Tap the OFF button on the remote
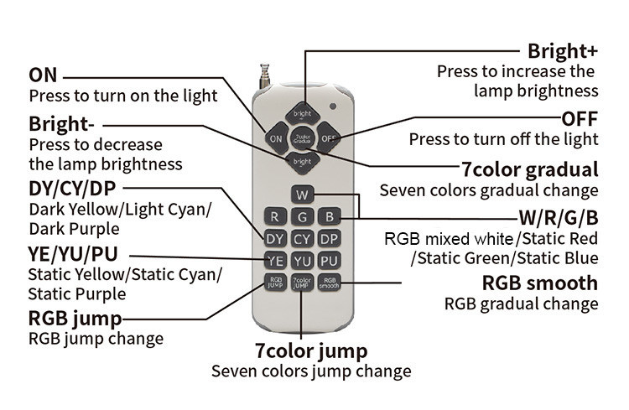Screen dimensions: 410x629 328,137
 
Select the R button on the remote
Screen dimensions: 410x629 275,217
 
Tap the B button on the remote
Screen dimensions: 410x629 330,217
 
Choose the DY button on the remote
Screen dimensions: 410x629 275,239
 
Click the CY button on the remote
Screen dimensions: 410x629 302,239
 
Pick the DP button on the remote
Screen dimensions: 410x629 330,239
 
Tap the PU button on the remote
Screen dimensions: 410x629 330,261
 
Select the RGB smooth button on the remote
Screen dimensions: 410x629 330,283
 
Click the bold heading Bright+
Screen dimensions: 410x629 563,50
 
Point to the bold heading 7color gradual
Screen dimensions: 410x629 530,168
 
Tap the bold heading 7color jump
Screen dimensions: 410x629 311,350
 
